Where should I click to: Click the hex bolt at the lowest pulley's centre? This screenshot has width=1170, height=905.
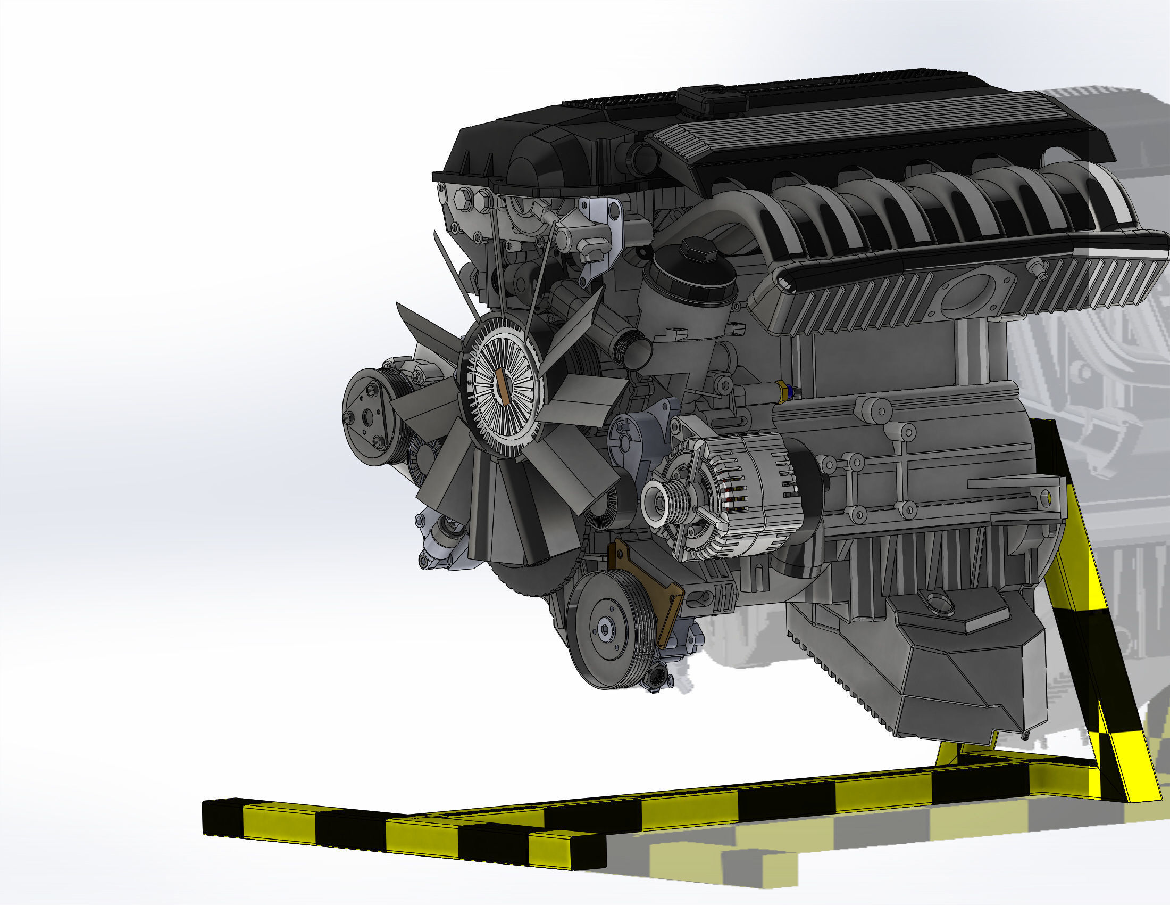605,631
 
